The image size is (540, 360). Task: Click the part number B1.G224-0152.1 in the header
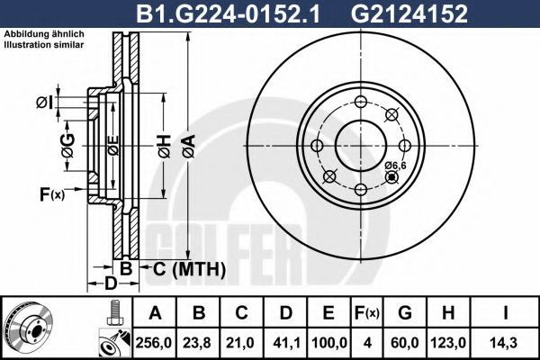[x=228, y=13]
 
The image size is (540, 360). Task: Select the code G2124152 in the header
[x=409, y=13]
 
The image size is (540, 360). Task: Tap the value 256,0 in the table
[x=154, y=343]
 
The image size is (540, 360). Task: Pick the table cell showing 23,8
[x=197, y=343]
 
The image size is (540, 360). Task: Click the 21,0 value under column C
[x=240, y=343]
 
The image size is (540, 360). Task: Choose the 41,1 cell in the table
[x=285, y=343]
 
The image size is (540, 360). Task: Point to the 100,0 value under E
[x=328, y=343]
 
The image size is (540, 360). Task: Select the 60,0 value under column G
[x=405, y=343]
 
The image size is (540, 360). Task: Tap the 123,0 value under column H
[x=448, y=343]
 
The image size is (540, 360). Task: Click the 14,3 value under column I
[x=505, y=343]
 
